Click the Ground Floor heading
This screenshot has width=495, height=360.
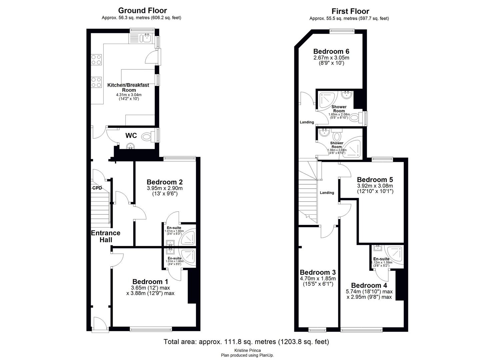142,11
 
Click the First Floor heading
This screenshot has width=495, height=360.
350,11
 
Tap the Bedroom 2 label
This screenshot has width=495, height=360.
164,182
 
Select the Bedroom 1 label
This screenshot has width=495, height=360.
150,281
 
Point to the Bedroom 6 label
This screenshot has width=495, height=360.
331,51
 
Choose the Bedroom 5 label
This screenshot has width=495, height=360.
375,180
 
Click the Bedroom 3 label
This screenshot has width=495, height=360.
317,272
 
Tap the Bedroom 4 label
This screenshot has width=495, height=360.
369,285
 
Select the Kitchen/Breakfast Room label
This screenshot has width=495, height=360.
128,87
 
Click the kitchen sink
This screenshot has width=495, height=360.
145,38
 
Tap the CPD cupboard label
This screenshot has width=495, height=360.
97,188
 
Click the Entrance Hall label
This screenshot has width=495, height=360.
106,236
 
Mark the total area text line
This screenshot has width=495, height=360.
246,342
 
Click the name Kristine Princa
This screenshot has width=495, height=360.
247,350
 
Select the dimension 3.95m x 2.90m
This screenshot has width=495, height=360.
165,188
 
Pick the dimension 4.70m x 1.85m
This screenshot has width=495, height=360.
318,278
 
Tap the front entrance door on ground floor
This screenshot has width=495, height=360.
98,325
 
